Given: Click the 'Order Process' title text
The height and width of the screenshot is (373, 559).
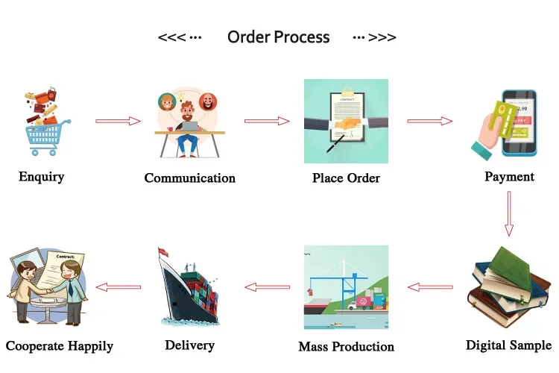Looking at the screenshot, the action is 279,37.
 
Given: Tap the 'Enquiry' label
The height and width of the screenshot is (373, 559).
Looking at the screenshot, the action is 41,177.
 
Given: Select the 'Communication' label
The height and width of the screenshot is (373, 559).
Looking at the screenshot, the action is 189,178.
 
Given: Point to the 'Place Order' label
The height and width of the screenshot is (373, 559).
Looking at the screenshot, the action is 346,178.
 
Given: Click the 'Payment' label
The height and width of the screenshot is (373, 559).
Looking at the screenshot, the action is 510,177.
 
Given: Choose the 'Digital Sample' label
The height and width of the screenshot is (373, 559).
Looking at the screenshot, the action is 509,345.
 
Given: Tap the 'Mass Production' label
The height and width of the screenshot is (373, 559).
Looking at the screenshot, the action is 346,346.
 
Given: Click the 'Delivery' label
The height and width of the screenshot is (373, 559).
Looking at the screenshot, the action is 189,345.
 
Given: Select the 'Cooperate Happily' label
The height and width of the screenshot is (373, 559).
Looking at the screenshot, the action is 60,346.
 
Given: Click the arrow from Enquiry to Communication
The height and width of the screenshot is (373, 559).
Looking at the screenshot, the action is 118,121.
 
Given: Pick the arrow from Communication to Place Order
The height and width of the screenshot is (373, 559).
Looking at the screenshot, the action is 267,121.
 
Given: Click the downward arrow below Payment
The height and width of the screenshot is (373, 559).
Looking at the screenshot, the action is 509,213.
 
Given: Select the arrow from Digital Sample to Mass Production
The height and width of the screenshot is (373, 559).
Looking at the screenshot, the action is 430,287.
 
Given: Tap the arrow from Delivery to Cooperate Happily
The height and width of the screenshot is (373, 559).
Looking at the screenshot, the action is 119,287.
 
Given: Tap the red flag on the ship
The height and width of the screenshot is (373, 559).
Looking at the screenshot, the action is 164,251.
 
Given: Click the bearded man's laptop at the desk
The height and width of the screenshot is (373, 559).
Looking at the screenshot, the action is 189,126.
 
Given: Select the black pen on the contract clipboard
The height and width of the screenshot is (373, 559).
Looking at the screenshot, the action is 335,143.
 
